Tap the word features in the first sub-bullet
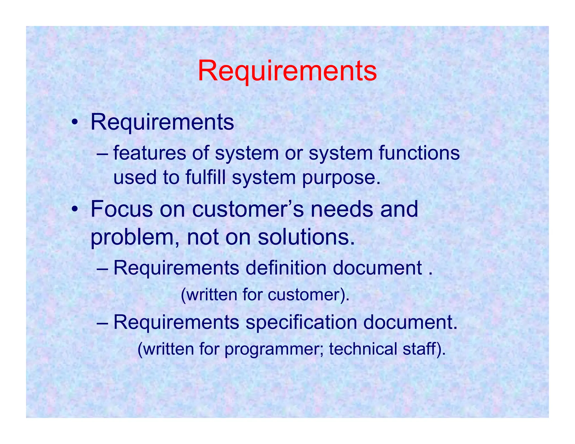149,153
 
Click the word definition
286,268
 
